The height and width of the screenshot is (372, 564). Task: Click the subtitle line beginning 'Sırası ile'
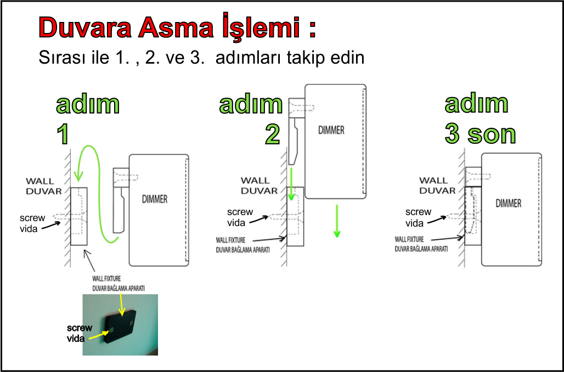[x=201, y=58]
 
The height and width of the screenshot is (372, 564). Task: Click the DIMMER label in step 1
[x=155, y=199]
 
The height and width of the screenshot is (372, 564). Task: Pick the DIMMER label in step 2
[x=331, y=130]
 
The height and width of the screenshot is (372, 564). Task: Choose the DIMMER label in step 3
[x=508, y=204]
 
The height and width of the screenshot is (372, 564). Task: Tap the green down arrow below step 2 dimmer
[x=337, y=221]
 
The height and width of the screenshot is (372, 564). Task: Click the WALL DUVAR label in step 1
[x=43, y=186]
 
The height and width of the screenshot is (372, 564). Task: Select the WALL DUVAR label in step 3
[x=437, y=185]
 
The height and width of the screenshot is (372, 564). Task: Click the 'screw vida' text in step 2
[x=240, y=217]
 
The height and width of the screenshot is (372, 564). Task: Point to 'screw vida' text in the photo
[x=79, y=333]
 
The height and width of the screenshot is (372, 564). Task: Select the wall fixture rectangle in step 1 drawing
[x=79, y=216]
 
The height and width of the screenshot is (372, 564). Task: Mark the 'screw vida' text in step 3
[x=418, y=218]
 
